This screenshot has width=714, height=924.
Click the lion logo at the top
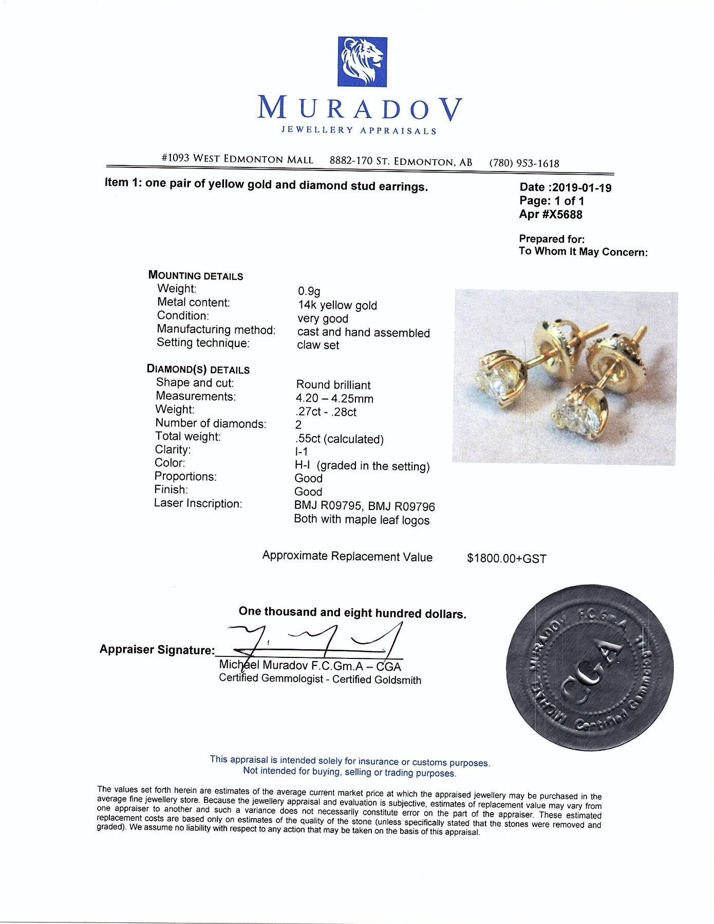pyautogui.click(x=362, y=62)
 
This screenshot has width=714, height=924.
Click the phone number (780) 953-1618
pyautogui.click(x=524, y=163)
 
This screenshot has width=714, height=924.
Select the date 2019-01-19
pyautogui.click(x=580, y=188)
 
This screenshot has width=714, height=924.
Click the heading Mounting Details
pyautogui.click(x=196, y=276)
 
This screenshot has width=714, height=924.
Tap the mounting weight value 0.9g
pyautogui.click(x=309, y=292)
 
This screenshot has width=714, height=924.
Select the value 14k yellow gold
pyautogui.click(x=337, y=306)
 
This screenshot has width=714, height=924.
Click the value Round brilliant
pyautogui.click(x=333, y=385)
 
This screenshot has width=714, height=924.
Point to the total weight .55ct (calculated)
pyautogui.click(x=339, y=439)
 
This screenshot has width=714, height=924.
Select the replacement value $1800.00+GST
pyautogui.click(x=506, y=558)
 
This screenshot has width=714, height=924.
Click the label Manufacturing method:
pyautogui.click(x=216, y=330)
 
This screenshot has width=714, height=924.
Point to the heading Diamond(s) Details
pyautogui.click(x=198, y=369)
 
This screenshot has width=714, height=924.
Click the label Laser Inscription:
pyautogui.click(x=198, y=503)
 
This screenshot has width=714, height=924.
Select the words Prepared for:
pyautogui.click(x=552, y=239)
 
